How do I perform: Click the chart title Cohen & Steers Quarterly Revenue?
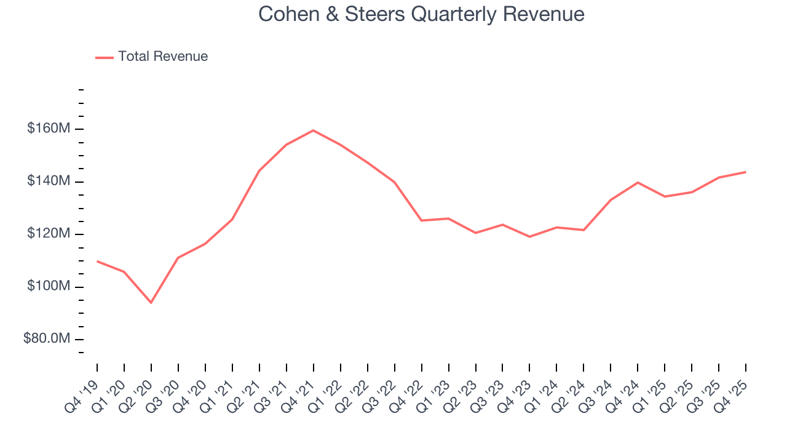pos(421,14)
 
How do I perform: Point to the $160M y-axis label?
pos(49,129)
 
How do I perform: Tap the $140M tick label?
pos(49,182)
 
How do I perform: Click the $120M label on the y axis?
pos(49,234)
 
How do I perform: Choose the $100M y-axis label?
pos(49,287)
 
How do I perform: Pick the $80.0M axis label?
pos(47,339)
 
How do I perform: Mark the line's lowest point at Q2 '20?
pos(151,303)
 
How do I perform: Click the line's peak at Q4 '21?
pos(313,130)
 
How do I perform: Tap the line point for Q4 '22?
pos(421,220)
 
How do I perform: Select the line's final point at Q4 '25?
pos(746,172)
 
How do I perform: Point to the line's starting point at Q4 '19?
pos(97,261)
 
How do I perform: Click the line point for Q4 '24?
pos(638,183)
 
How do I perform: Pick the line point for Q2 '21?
pos(259,171)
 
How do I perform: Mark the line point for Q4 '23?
pos(529,237)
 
